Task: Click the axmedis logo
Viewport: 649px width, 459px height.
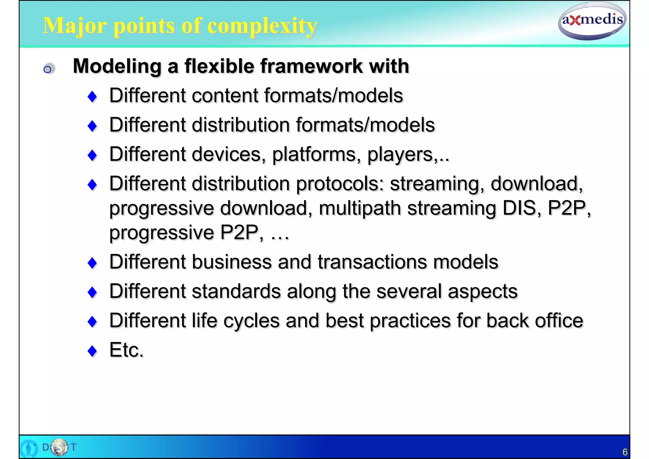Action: [x=592, y=21]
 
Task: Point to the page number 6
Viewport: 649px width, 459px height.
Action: [x=625, y=452]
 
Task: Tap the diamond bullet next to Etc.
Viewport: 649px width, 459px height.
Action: [x=92, y=351]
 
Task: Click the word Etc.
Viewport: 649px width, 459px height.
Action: [x=126, y=350]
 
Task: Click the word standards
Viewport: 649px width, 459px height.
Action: [x=236, y=291]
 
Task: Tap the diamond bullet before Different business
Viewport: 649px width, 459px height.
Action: [x=92, y=263]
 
